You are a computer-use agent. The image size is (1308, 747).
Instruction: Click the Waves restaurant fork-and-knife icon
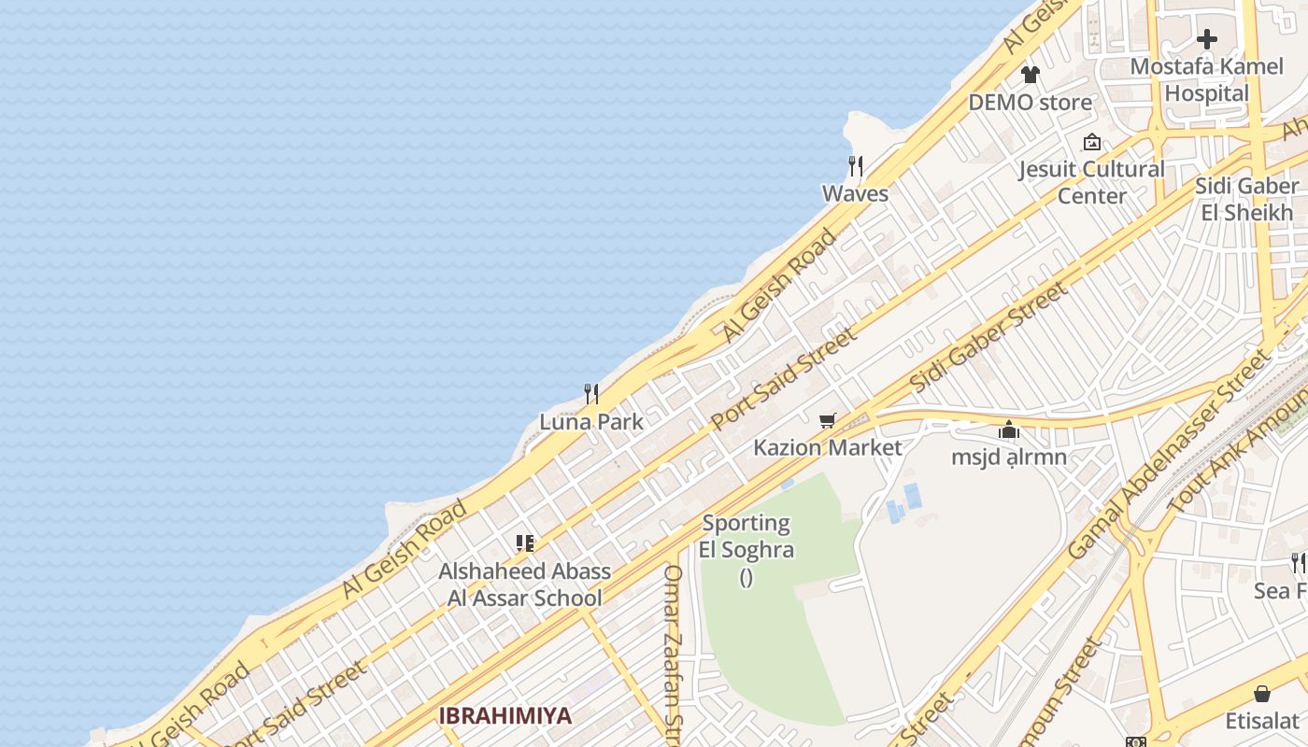(x=855, y=166)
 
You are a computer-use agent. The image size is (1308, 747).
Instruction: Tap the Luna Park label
(x=591, y=422)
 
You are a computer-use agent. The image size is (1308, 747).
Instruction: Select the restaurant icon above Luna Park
(x=591, y=394)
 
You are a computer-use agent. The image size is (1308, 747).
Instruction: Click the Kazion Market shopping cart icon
(x=827, y=421)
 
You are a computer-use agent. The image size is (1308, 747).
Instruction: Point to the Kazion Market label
(x=828, y=448)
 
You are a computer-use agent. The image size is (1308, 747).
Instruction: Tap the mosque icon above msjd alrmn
(x=1009, y=430)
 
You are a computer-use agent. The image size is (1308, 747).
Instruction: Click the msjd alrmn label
(x=1009, y=458)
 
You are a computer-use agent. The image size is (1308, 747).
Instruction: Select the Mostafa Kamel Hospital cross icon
(x=1207, y=39)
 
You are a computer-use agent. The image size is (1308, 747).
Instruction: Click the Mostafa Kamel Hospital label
(x=1206, y=80)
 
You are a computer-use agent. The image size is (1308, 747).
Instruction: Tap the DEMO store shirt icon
(x=1030, y=75)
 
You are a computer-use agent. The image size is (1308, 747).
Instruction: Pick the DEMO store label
(x=1030, y=103)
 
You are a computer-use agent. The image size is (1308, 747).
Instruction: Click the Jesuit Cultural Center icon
(x=1091, y=143)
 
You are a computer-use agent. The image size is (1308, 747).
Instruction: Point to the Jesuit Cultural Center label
(x=1091, y=183)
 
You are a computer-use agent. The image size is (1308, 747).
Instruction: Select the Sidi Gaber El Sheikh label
(x=1246, y=199)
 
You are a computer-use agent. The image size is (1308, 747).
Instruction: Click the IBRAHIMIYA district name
(x=505, y=716)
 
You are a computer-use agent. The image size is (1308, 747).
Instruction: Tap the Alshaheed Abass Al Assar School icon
(x=524, y=543)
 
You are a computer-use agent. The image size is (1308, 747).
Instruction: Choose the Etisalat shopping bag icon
(x=1262, y=694)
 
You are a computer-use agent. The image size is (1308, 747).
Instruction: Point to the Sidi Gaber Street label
(x=988, y=338)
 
